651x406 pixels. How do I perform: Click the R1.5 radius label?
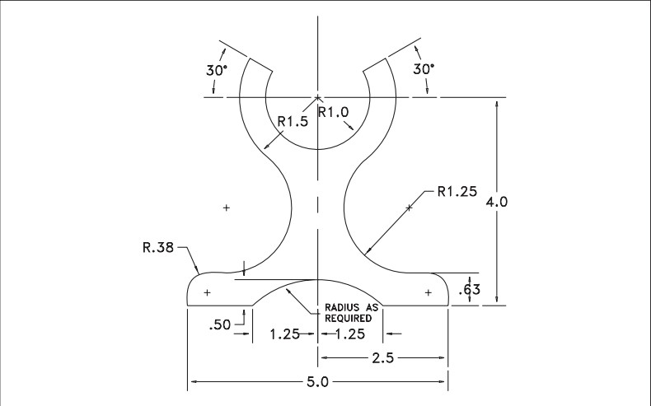(292, 122)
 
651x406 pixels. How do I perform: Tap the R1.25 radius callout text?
(457, 193)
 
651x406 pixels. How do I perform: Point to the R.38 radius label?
(159, 245)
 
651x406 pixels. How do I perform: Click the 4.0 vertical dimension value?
(496, 202)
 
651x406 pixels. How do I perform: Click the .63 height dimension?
(470, 289)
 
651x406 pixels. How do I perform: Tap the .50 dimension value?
(222, 324)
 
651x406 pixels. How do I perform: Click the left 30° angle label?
(216, 70)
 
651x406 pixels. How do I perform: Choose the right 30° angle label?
(423, 69)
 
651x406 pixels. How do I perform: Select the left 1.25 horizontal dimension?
(284, 334)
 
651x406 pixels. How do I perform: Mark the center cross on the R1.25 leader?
(410, 208)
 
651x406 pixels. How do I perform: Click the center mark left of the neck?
(226, 208)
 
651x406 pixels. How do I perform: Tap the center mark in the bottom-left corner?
(207, 292)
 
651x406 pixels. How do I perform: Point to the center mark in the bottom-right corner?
(428, 292)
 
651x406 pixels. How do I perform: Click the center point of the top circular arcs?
(318, 97)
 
